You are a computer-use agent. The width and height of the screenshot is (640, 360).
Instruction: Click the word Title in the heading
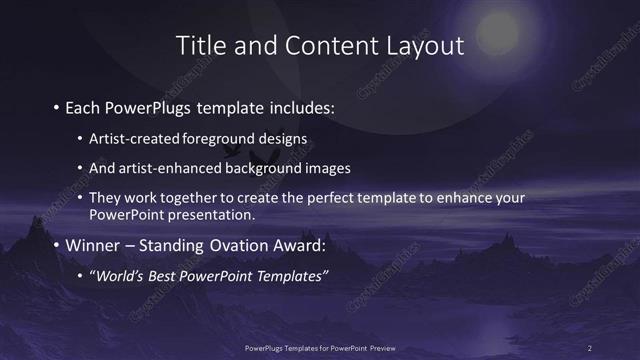tap(199, 45)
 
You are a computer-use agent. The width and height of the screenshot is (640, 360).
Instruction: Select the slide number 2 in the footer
tap(590, 348)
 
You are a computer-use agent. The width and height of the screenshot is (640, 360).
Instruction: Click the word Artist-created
tap(129, 137)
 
